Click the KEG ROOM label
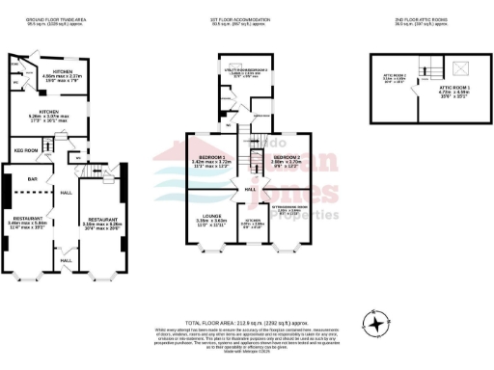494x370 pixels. coord(24,150)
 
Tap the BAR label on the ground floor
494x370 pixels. coord(32,179)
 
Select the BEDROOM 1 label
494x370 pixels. coord(210,157)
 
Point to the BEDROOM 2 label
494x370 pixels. coord(287,157)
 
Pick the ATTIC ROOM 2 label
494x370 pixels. coord(395,75)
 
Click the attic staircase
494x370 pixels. coord(431,70)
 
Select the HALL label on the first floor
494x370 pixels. coord(249,189)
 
